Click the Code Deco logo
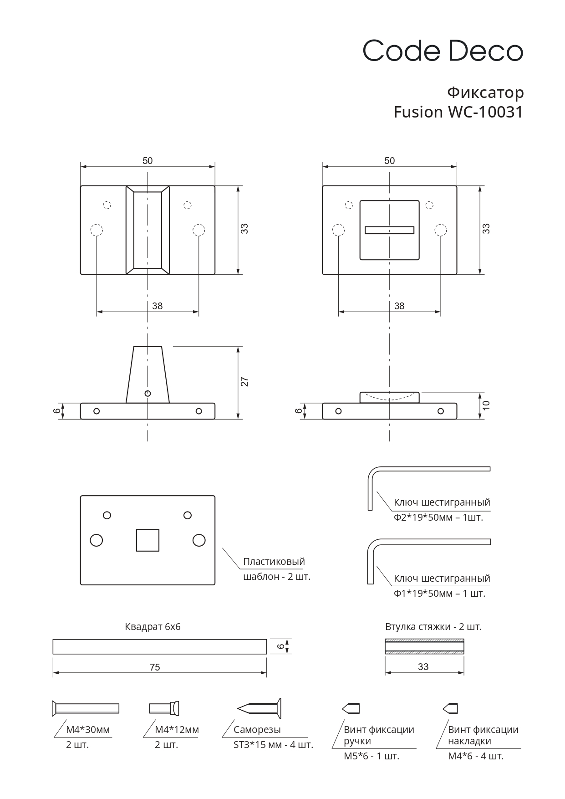click(x=443, y=51)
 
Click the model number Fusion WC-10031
click(x=458, y=112)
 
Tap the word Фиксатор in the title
click(x=485, y=92)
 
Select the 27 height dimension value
click(x=244, y=382)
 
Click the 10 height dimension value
click(x=486, y=405)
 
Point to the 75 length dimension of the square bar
click(x=155, y=667)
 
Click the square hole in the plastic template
click(x=148, y=540)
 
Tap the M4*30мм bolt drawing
click(x=86, y=708)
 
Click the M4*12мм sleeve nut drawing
click(x=164, y=708)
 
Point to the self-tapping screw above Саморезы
click(x=260, y=708)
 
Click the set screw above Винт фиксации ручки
click(x=351, y=708)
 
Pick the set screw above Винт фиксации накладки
click(x=450, y=708)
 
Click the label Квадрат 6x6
click(x=153, y=627)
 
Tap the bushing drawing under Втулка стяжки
click(x=424, y=647)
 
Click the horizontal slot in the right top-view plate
click(x=389, y=230)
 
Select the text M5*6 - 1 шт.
click(x=372, y=756)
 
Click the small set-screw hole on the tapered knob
click(x=147, y=393)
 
